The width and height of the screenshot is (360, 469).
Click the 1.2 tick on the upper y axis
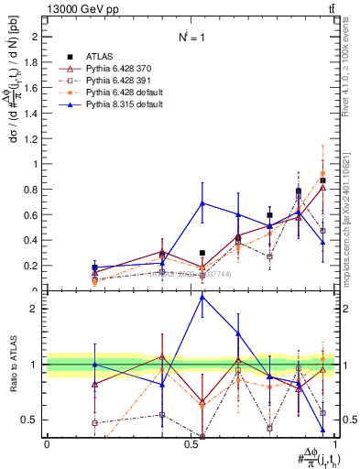(32, 139)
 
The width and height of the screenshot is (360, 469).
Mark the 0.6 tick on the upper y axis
(32, 215)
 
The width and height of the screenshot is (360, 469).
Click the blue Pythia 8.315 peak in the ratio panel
(202, 296)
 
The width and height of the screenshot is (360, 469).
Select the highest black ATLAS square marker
(322, 180)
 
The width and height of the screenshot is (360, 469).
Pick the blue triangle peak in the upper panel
(202, 203)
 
